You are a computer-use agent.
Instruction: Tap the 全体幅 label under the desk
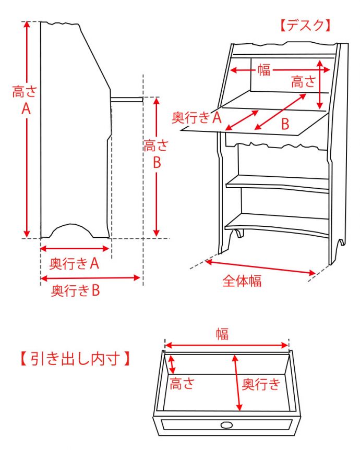(242, 281)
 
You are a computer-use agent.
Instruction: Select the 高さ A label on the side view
(25, 101)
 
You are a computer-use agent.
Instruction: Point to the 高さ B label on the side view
(156, 154)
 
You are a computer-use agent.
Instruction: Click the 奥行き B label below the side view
(76, 290)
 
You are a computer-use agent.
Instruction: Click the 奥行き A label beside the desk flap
(197, 117)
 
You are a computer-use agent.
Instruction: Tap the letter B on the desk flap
(285, 124)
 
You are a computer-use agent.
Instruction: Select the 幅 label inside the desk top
(264, 70)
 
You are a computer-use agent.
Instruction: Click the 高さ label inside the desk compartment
(304, 81)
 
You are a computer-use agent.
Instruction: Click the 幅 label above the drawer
(223, 334)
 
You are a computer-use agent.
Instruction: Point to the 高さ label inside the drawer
(182, 384)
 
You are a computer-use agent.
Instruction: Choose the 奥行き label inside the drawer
(261, 385)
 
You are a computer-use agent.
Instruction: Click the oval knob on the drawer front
(226, 425)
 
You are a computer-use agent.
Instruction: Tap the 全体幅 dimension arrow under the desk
(261, 266)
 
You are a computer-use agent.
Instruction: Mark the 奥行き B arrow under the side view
(91, 278)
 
